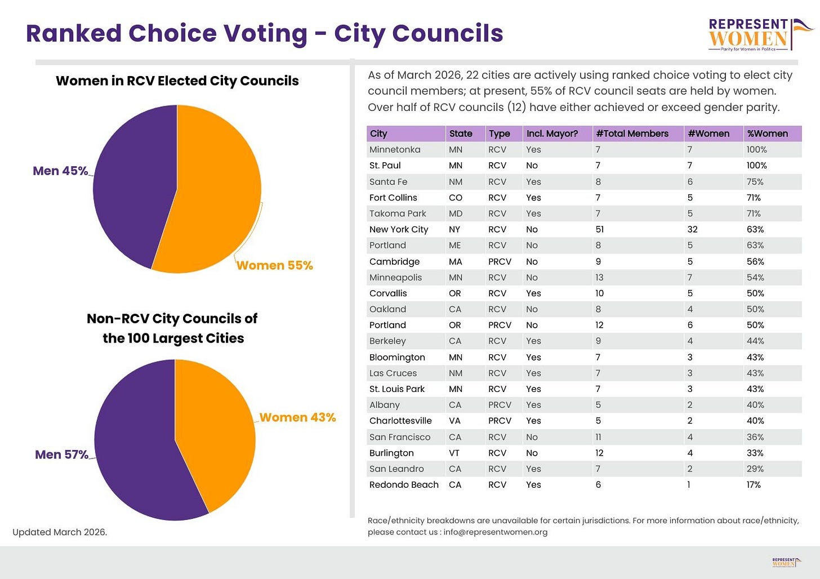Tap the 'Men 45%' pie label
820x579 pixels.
(60, 171)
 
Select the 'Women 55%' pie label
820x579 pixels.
(275, 265)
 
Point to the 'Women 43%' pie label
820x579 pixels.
(297, 417)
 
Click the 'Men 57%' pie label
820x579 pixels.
(61, 455)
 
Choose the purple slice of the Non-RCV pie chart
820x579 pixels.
(139, 450)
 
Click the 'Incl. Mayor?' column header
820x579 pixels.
(552, 133)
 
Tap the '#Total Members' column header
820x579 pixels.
(632, 133)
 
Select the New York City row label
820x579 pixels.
(399, 229)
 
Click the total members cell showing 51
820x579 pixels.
(600, 229)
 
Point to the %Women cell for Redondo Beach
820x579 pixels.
(754, 484)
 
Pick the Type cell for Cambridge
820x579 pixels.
(500, 262)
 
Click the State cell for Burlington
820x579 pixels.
(454, 453)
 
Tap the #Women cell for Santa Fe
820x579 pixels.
(690, 182)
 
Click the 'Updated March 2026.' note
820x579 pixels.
(60, 532)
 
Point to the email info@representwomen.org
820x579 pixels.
(495, 532)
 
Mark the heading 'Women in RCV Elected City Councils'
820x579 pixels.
(177, 81)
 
